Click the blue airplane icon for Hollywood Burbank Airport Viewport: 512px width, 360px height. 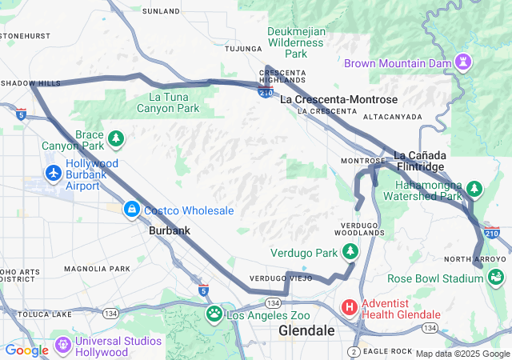[x=54, y=173]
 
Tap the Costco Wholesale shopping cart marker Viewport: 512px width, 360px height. [x=130, y=210]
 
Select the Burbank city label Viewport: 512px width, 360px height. [x=170, y=230]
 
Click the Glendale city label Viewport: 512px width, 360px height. [x=306, y=330]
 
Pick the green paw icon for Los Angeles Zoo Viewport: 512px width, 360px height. [x=214, y=314]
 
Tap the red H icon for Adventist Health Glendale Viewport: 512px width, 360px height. [x=350, y=306]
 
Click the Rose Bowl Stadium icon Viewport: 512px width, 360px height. [x=497, y=278]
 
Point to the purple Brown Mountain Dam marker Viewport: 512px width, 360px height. [x=463, y=62]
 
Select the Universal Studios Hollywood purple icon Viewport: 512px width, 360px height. [x=63, y=346]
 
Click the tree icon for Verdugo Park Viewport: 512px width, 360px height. [x=350, y=253]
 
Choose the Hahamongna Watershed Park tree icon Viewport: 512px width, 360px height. [x=475, y=189]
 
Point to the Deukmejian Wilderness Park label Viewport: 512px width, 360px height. [x=297, y=42]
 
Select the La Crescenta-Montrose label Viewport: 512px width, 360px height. [x=338, y=99]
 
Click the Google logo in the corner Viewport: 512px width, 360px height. [x=26, y=350]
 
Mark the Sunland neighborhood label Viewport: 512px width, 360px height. [x=161, y=11]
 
